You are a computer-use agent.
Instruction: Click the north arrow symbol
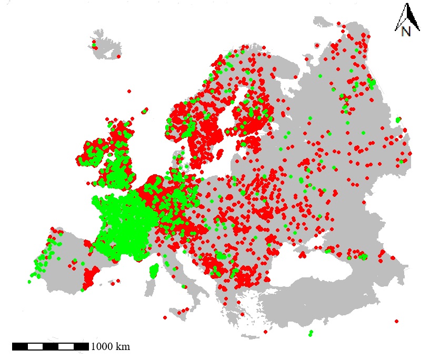click(408, 16)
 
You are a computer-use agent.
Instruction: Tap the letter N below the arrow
click(406, 32)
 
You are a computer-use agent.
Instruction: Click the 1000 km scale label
click(110, 347)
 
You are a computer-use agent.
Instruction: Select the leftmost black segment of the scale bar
click(20, 346)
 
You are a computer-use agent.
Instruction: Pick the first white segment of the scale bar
click(35, 346)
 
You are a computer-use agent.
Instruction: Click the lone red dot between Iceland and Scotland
click(129, 91)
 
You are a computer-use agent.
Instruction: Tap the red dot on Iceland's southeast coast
click(118, 56)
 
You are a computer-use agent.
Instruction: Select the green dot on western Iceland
click(95, 47)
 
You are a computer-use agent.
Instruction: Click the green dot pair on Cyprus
click(311, 333)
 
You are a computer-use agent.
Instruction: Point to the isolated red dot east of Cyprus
click(396, 321)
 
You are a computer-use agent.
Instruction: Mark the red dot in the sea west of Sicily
click(165, 317)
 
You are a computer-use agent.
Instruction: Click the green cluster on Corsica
click(154, 272)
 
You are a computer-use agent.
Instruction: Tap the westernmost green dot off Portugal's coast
click(29, 282)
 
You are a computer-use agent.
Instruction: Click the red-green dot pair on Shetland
click(144, 111)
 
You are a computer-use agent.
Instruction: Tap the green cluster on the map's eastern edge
click(398, 120)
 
